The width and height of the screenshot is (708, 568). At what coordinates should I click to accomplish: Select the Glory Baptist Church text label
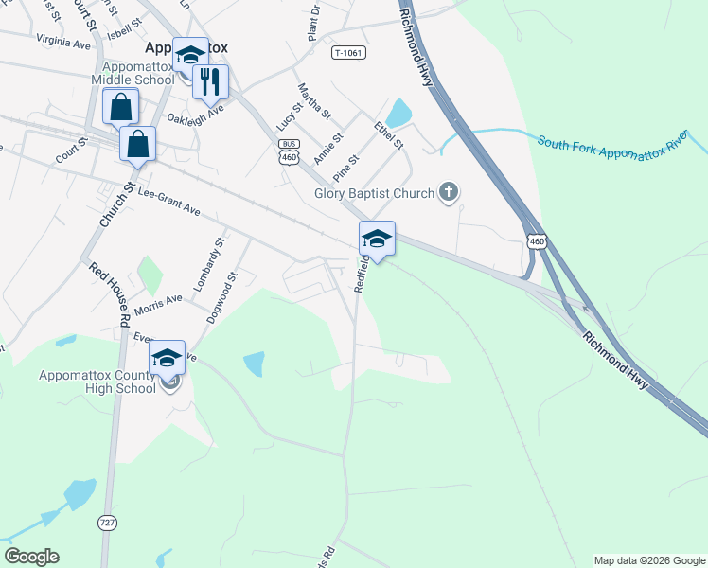coord(375,194)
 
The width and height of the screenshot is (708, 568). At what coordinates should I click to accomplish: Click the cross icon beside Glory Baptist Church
coord(449,193)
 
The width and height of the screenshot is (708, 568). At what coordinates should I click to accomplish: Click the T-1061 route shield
coord(348,53)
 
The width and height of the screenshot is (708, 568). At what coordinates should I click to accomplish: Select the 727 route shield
coord(107,523)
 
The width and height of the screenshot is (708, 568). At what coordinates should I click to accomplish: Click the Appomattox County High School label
coord(97,382)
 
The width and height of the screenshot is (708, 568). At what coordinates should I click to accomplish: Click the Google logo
coord(31,557)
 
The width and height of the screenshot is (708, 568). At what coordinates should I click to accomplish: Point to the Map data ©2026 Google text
coord(648,560)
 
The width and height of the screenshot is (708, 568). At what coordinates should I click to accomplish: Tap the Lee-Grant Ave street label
coord(169,201)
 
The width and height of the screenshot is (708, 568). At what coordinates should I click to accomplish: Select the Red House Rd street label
coord(109,294)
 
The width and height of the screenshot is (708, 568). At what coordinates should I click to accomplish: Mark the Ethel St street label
coord(388,135)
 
